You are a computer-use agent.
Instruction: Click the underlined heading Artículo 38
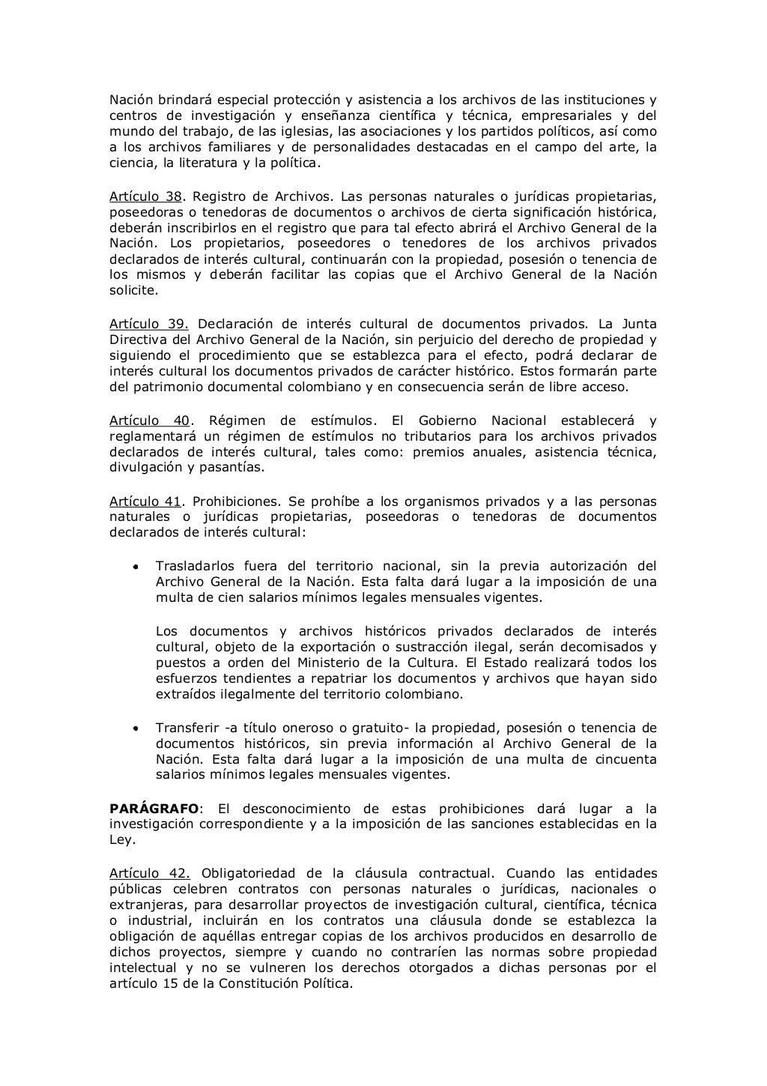coord(146,197)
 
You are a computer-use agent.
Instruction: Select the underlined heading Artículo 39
coord(148,324)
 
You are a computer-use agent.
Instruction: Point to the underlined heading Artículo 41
coord(145,501)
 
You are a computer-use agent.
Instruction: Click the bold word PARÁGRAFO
coord(154,809)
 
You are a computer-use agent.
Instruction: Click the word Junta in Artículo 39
coord(637,324)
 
